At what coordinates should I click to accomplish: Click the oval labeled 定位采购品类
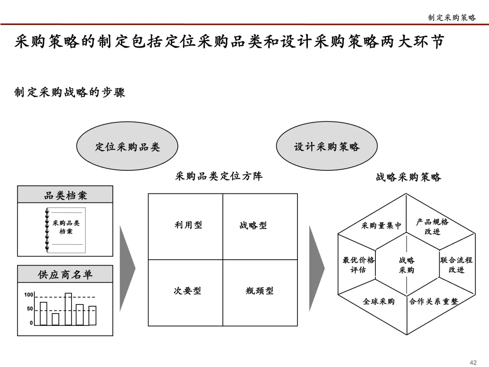pyautogui.click(x=127, y=147)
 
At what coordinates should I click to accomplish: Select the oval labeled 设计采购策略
pyautogui.click(x=326, y=147)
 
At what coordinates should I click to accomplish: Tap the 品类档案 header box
pyautogui.click(x=65, y=195)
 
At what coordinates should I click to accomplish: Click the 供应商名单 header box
pyautogui.click(x=65, y=274)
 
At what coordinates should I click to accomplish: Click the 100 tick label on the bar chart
pyautogui.click(x=29, y=295)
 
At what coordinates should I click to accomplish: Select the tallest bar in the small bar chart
pyautogui.click(x=68, y=309)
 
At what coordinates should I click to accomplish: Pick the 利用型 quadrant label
pyautogui.click(x=188, y=225)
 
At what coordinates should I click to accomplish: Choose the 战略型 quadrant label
pyautogui.click(x=253, y=225)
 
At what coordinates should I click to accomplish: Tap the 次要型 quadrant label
pyautogui.click(x=187, y=291)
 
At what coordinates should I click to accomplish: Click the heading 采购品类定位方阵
pyautogui.click(x=219, y=176)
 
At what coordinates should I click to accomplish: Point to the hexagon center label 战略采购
pyautogui.click(x=407, y=265)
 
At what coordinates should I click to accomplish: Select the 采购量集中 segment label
pyautogui.click(x=381, y=225)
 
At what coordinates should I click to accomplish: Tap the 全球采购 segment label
pyautogui.click(x=379, y=301)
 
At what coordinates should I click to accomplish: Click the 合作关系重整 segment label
pyautogui.click(x=434, y=301)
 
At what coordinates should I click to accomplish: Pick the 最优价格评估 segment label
pyautogui.click(x=358, y=265)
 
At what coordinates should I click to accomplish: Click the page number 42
pyautogui.click(x=473, y=362)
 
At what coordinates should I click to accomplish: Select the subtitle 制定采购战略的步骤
pyautogui.click(x=70, y=92)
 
